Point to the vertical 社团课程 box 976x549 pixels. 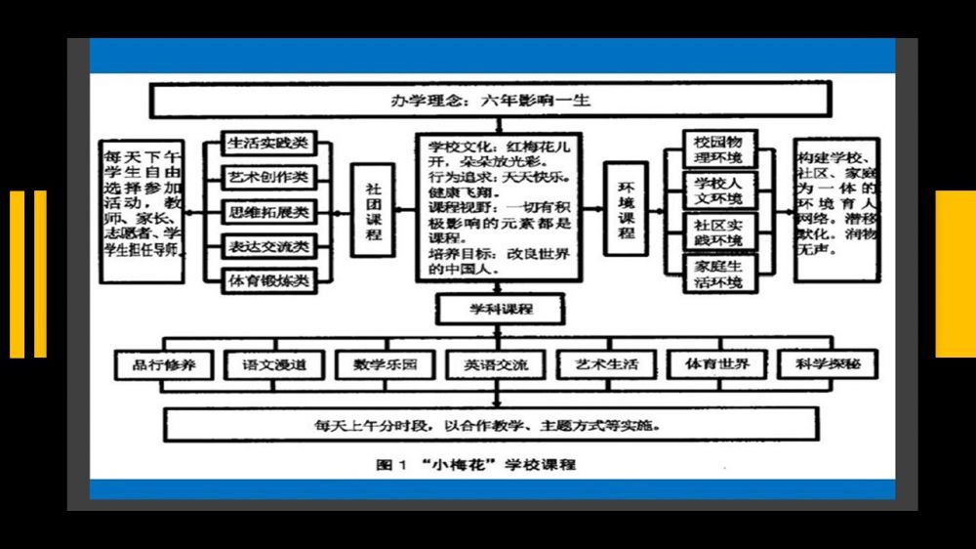(373, 211)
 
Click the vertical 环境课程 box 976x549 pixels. (627, 211)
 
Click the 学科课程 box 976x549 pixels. (499, 309)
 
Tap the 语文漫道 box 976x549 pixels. (274, 365)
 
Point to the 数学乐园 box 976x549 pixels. (385, 365)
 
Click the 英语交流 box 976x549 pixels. (496, 365)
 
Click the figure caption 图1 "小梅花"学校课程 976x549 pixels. (476, 464)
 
